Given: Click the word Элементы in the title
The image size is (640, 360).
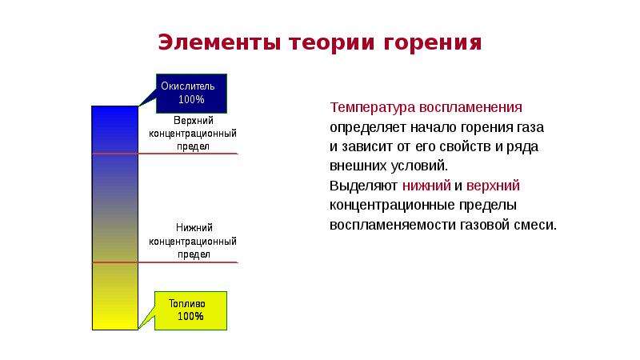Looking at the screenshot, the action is [219, 42].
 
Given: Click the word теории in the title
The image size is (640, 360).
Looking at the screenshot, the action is [331, 43].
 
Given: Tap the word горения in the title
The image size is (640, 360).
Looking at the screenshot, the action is [433, 43].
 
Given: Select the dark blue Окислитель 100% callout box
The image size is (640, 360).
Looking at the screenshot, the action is [191, 94].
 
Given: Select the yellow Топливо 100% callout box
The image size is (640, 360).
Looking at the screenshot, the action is [190, 310].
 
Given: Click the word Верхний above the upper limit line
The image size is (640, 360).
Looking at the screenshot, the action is [194, 121].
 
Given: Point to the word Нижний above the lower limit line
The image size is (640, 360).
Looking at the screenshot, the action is [194, 228].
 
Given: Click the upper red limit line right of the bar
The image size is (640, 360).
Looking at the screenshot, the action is [188, 154].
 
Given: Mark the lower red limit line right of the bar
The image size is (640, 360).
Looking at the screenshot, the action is [188, 262].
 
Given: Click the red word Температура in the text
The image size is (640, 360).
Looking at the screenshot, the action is [373, 108].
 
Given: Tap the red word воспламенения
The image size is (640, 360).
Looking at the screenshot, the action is [470, 107].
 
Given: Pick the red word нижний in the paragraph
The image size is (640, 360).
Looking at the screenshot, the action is [426, 186].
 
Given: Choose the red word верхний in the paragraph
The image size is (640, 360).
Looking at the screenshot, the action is [493, 186].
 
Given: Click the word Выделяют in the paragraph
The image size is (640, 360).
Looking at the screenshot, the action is [364, 186].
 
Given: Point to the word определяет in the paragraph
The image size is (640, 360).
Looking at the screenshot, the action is [368, 128].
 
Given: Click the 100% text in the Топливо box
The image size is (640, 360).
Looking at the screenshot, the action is [190, 316].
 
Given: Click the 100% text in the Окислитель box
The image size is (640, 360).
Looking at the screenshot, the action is [191, 99].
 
